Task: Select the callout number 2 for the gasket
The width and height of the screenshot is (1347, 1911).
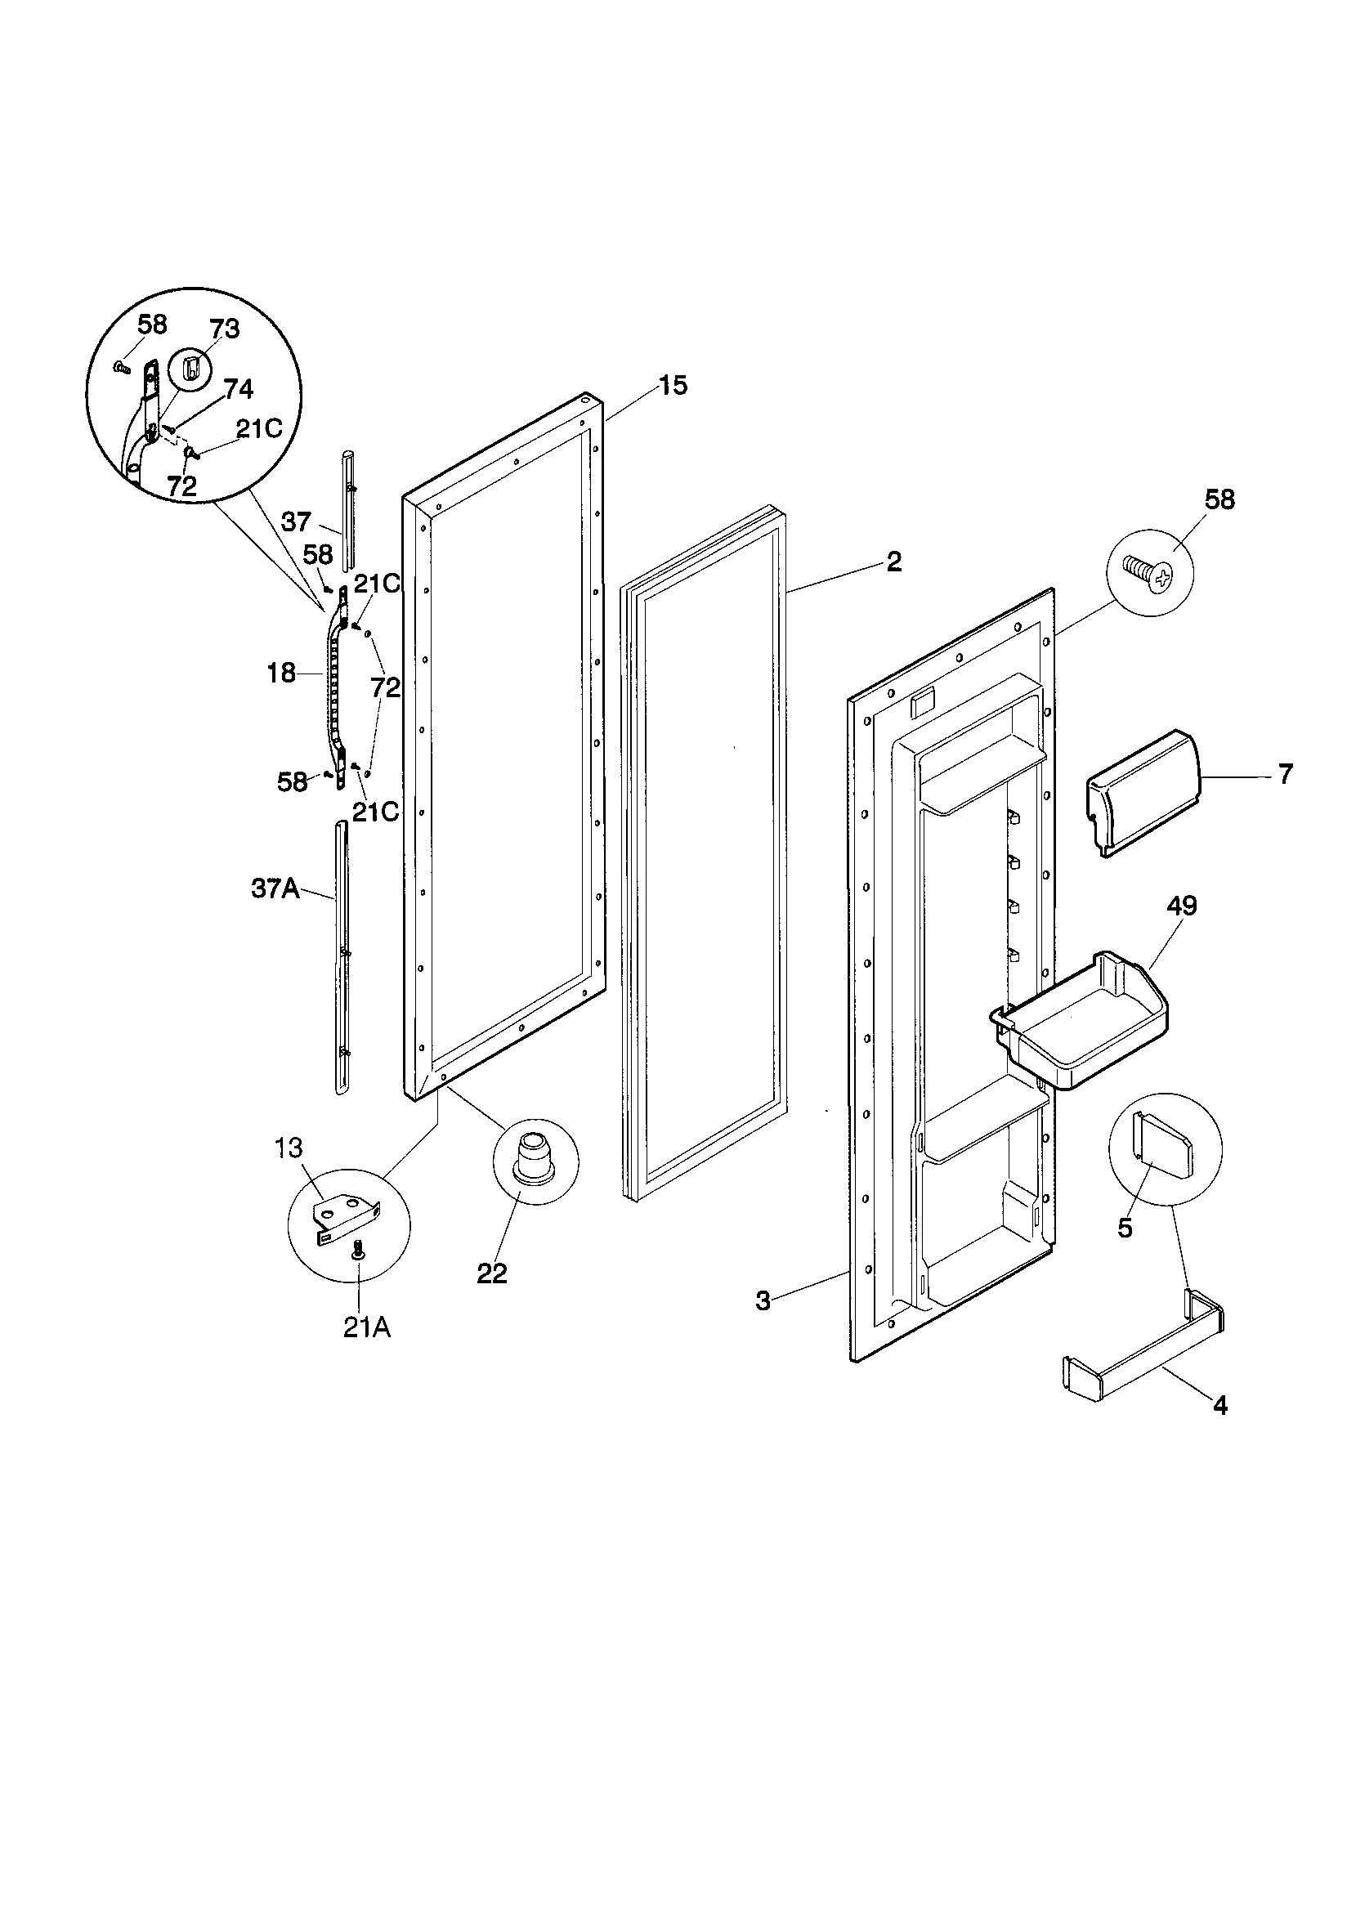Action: click(893, 562)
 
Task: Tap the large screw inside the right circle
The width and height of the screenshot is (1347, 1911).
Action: click(1148, 574)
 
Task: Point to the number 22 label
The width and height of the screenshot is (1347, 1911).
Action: click(492, 1273)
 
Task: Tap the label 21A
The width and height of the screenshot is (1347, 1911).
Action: click(366, 1329)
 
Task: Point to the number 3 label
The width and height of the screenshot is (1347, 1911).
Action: click(763, 1301)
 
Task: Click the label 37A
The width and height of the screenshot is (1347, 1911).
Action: click(275, 889)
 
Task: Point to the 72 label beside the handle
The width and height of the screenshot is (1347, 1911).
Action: click(386, 687)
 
